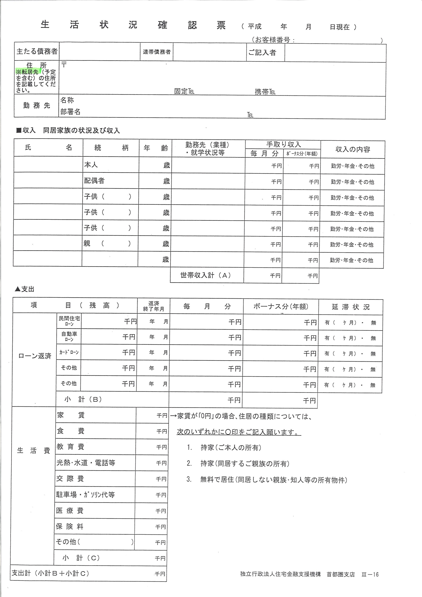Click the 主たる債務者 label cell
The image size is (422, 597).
tap(37, 51)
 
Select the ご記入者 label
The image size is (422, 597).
tap(262, 53)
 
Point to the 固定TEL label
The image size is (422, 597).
tap(184, 91)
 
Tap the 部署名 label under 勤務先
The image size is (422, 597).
tap(70, 112)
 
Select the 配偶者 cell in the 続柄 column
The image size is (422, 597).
tap(94, 181)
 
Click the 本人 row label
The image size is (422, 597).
tap(91, 165)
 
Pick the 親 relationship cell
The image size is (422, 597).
tap(87, 243)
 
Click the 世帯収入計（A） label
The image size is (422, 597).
tap(206, 275)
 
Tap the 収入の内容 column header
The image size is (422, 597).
tap(353, 149)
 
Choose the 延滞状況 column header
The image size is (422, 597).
tap(351, 307)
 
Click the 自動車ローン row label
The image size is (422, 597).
tap(69, 337)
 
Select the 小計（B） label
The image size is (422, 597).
tap(83, 399)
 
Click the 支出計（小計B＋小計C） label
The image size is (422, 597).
tap(50, 573)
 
